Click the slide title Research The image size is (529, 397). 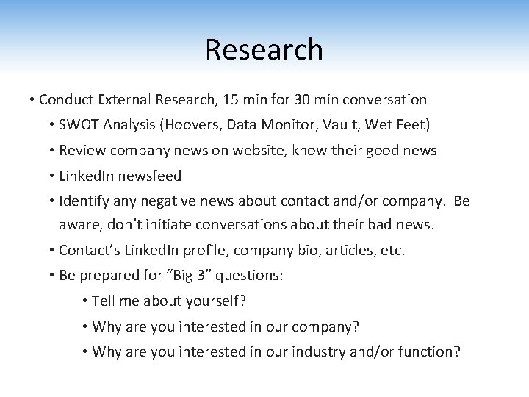coord(264,50)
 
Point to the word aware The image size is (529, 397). coord(78,224)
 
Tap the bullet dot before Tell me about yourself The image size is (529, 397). coord(86,301)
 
